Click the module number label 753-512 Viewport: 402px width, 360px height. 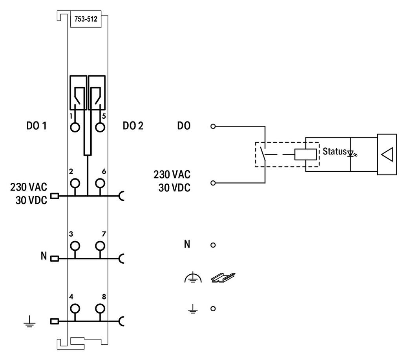(86, 19)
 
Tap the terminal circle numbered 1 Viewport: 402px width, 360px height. (75, 127)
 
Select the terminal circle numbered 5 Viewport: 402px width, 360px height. (100, 127)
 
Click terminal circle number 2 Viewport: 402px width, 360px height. (75, 183)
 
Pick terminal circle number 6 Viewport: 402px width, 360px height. (100, 183)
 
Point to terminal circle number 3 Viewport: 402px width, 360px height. (75, 246)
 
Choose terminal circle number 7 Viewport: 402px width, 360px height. (100, 246)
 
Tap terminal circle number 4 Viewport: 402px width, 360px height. (75, 309)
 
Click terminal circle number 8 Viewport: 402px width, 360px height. (100, 309)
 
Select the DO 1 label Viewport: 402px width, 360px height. (37, 126)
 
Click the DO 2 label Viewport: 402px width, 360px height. (133, 126)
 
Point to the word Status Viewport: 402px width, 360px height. (334, 151)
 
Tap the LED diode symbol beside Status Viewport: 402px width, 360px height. (352, 153)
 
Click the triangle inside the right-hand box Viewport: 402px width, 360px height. (387, 154)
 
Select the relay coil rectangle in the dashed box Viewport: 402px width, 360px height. (305, 154)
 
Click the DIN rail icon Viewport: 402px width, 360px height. (223, 277)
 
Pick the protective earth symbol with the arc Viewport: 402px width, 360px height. (193, 278)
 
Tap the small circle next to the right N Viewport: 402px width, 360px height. (213, 245)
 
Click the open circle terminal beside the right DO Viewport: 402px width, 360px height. (213, 126)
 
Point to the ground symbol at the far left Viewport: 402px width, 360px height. (29, 322)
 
